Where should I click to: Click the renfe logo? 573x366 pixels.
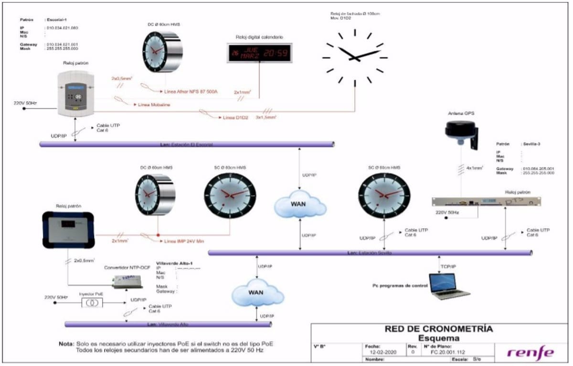tap(531, 353)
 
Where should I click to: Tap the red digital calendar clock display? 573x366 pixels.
tap(259, 53)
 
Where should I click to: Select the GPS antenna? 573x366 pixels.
tap(460, 131)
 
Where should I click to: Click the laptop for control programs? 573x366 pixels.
tap(449, 285)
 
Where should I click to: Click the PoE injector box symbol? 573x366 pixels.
tap(92, 303)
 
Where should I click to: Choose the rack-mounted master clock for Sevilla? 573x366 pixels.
tap(486, 202)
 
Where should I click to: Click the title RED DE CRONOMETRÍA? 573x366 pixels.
tap(438, 329)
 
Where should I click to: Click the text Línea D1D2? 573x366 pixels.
tap(235, 117)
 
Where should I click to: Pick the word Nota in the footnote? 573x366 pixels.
tap(66, 344)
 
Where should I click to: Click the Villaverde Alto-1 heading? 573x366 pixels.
tap(175, 263)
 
